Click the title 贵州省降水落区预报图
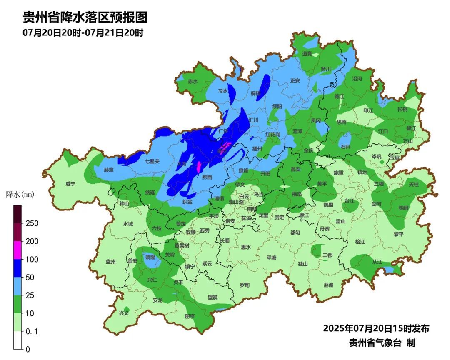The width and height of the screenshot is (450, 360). pyautogui.click(x=85, y=18)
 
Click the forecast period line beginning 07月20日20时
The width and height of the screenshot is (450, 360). pyautogui.click(x=83, y=33)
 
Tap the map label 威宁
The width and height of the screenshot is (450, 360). pyautogui.click(x=70, y=184)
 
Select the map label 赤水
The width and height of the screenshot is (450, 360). pyautogui.click(x=192, y=82)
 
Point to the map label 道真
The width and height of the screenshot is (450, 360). pyautogui.click(x=307, y=54)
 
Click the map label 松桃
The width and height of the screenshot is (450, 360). pyautogui.click(x=402, y=110)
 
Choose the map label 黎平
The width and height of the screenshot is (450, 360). pyautogui.click(x=399, y=234)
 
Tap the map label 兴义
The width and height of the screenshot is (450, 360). pyautogui.click(x=124, y=313)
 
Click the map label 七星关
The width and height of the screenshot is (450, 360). pyautogui.click(x=152, y=161)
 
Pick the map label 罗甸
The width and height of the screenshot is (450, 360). pyautogui.click(x=245, y=285)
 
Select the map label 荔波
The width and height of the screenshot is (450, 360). pyautogui.click(x=328, y=285)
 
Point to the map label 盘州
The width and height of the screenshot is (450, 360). pyautogui.click(x=110, y=262)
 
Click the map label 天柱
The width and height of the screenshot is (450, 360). pyautogui.click(x=414, y=184)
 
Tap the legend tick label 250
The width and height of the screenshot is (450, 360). pyautogui.click(x=32, y=223)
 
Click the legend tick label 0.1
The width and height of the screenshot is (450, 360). pyautogui.click(x=32, y=332)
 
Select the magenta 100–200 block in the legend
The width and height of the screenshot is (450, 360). pyautogui.click(x=18, y=250)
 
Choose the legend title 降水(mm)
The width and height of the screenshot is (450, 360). pyautogui.click(x=20, y=194)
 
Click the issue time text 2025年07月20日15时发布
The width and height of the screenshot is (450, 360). pyautogui.click(x=376, y=328)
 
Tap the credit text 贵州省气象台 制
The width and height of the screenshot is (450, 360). pyautogui.click(x=382, y=343)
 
